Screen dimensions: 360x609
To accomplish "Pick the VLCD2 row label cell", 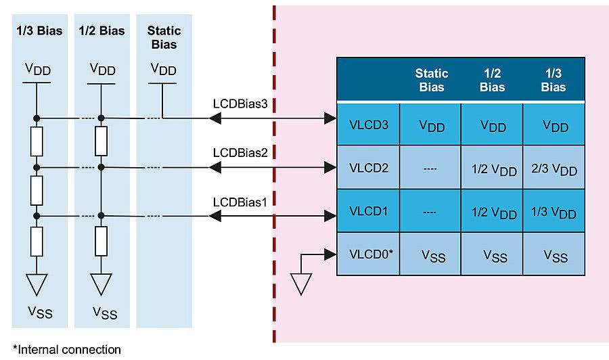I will [x=369, y=168].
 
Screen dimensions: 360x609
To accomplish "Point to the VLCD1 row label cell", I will [x=369, y=211].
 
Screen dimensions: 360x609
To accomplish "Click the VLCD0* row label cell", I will [x=369, y=254].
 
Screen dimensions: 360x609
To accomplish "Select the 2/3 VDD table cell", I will [x=554, y=168].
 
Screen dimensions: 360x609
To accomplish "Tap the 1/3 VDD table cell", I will [x=554, y=212].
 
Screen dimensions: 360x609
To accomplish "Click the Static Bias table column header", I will [x=432, y=80].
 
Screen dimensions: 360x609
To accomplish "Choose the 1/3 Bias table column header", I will [x=554, y=80].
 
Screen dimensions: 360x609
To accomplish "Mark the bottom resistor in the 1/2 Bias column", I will [x=101, y=240].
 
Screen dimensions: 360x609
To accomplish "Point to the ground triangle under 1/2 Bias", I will [x=101, y=283].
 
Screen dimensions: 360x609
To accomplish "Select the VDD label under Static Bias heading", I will [x=163, y=70].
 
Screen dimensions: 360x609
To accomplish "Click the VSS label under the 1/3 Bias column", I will [x=38, y=312].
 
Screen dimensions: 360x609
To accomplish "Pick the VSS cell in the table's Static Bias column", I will [x=432, y=255].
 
